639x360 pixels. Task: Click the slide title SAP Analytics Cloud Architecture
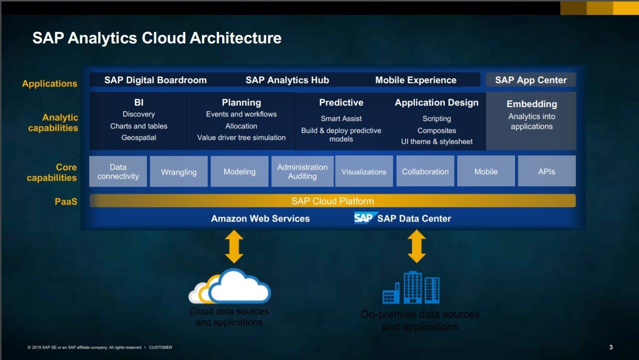(157, 38)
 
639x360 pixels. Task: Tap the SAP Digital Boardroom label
(155, 80)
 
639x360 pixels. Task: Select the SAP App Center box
(531, 80)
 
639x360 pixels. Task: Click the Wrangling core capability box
(179, 172)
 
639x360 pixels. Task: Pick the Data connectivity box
(118, 172)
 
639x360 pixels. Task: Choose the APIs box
(546, 172)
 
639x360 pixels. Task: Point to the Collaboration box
(425, 172)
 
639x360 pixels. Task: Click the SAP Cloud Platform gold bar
(332, 201)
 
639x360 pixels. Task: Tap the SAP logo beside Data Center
(363, 218)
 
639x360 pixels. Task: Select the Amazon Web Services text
(260, 219)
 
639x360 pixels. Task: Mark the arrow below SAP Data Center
(417, 246)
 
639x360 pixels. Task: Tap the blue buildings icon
(411, 288)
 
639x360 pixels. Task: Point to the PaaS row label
(66, 202)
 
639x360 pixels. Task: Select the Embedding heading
(531, 104)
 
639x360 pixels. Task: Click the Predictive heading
(341, 103)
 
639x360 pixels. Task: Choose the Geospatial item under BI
(139, 138)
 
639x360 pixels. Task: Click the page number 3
(611, 347)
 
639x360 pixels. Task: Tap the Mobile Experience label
(416, 80)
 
